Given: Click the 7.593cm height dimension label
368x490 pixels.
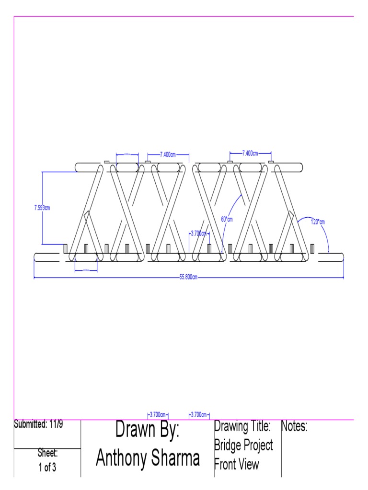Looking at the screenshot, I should pos(42,208).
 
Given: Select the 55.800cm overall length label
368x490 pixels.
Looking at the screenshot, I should pos(188,278).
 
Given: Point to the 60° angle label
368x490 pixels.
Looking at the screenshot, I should pos(226,219).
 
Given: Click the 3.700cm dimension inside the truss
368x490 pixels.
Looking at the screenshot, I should pos(198,234).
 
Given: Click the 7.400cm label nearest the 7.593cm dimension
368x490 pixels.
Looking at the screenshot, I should pos(168,155).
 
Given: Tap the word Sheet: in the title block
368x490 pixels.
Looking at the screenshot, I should pos(47,453).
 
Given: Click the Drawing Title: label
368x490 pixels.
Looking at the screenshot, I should pos(243,426).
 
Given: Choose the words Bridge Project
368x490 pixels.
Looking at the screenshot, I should pos(243,445).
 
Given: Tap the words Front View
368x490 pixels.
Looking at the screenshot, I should pos(236,464).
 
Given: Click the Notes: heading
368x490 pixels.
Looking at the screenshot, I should pos(294,426).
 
